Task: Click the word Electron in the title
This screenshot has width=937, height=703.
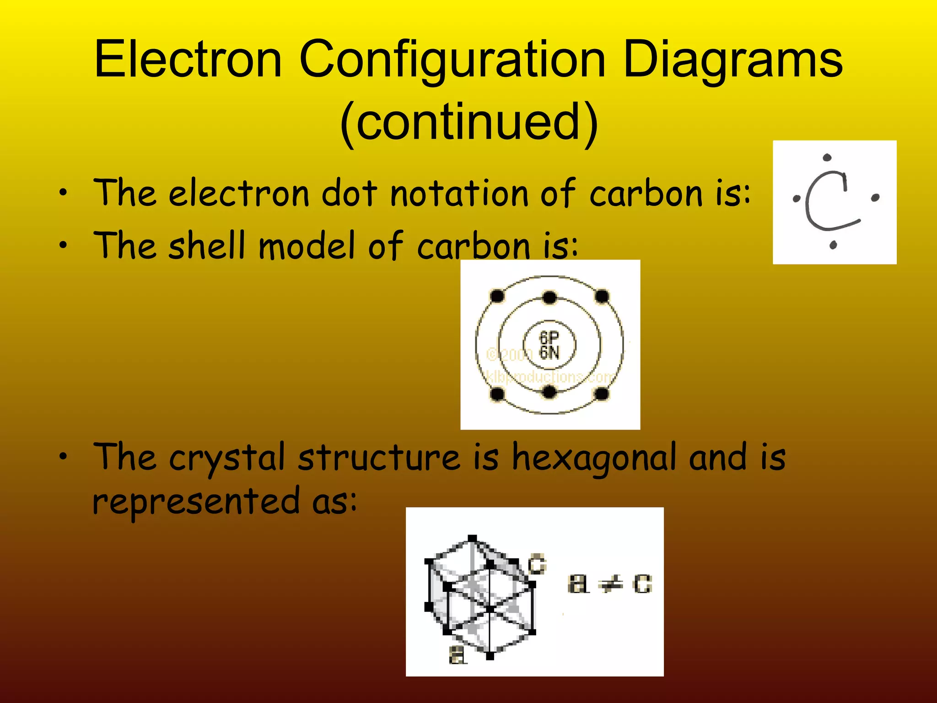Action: (188, 59)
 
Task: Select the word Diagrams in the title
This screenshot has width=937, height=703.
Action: (732, 59)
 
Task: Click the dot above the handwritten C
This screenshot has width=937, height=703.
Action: (827, 158)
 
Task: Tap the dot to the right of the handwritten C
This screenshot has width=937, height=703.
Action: (875, 198)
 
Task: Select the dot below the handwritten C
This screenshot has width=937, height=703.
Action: (833, 245)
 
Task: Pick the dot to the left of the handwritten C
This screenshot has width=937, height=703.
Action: (797, 199)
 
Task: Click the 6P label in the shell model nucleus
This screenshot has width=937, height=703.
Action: (549, 337)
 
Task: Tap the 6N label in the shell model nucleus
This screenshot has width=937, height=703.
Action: (549, 352)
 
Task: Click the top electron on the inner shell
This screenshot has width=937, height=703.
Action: (549, 298)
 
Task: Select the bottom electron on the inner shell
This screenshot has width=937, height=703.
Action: (549, 392)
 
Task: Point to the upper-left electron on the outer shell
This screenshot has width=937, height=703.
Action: (497, 296)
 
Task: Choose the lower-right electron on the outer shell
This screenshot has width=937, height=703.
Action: (602, 394)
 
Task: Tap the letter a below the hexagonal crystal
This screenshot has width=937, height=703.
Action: (457, 655)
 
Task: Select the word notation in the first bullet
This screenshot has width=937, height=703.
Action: (459, 194)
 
